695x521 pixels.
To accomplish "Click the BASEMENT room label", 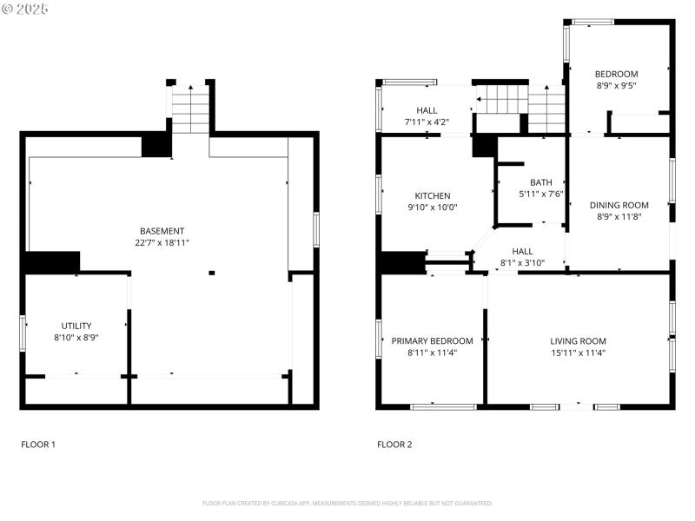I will pyautogui.click(x=162, y=231).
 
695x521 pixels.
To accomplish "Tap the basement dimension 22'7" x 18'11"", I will pyautogui.click(x=162, y=243).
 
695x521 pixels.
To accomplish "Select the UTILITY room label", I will pyautogui.click(x=76, y=326).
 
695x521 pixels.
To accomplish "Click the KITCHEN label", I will pyautogui.click(x=432, y=195).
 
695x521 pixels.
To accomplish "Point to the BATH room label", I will pyautogui.click(x=541, y=182).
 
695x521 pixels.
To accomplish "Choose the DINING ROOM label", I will pyautogui.click(x=619, y=205).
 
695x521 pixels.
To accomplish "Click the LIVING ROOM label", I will pyautogui.click(x=578, y=341).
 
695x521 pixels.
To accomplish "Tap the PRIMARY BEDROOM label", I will pyautogui.click(x=432, y=341).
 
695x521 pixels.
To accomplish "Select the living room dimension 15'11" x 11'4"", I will pyautogui.click(x=578, y=353).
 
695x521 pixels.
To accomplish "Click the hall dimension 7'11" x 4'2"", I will pyautogui.click(x=427, y=122).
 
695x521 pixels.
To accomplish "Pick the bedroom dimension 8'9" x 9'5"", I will pyautogui.click(x=616, y=86).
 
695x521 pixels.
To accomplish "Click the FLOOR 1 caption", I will pyautogui.click(x=38, y=445).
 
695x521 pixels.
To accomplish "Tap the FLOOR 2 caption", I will pyautogui.click(x=394, y=445).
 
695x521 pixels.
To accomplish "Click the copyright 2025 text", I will pyautogui.click(x=25, y=9).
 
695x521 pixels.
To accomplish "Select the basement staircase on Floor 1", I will pyautogui.click(x=190, y=109).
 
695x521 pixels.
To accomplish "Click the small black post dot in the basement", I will pyautogui.click(x=212, y=274).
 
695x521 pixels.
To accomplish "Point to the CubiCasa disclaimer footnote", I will pyautogui.click(x=347, y=503).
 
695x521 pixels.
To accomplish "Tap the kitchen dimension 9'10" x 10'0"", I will pyautogui.click(x=432, y=208).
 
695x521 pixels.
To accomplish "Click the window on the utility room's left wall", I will pyautogui.click(x=23, y=333).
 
